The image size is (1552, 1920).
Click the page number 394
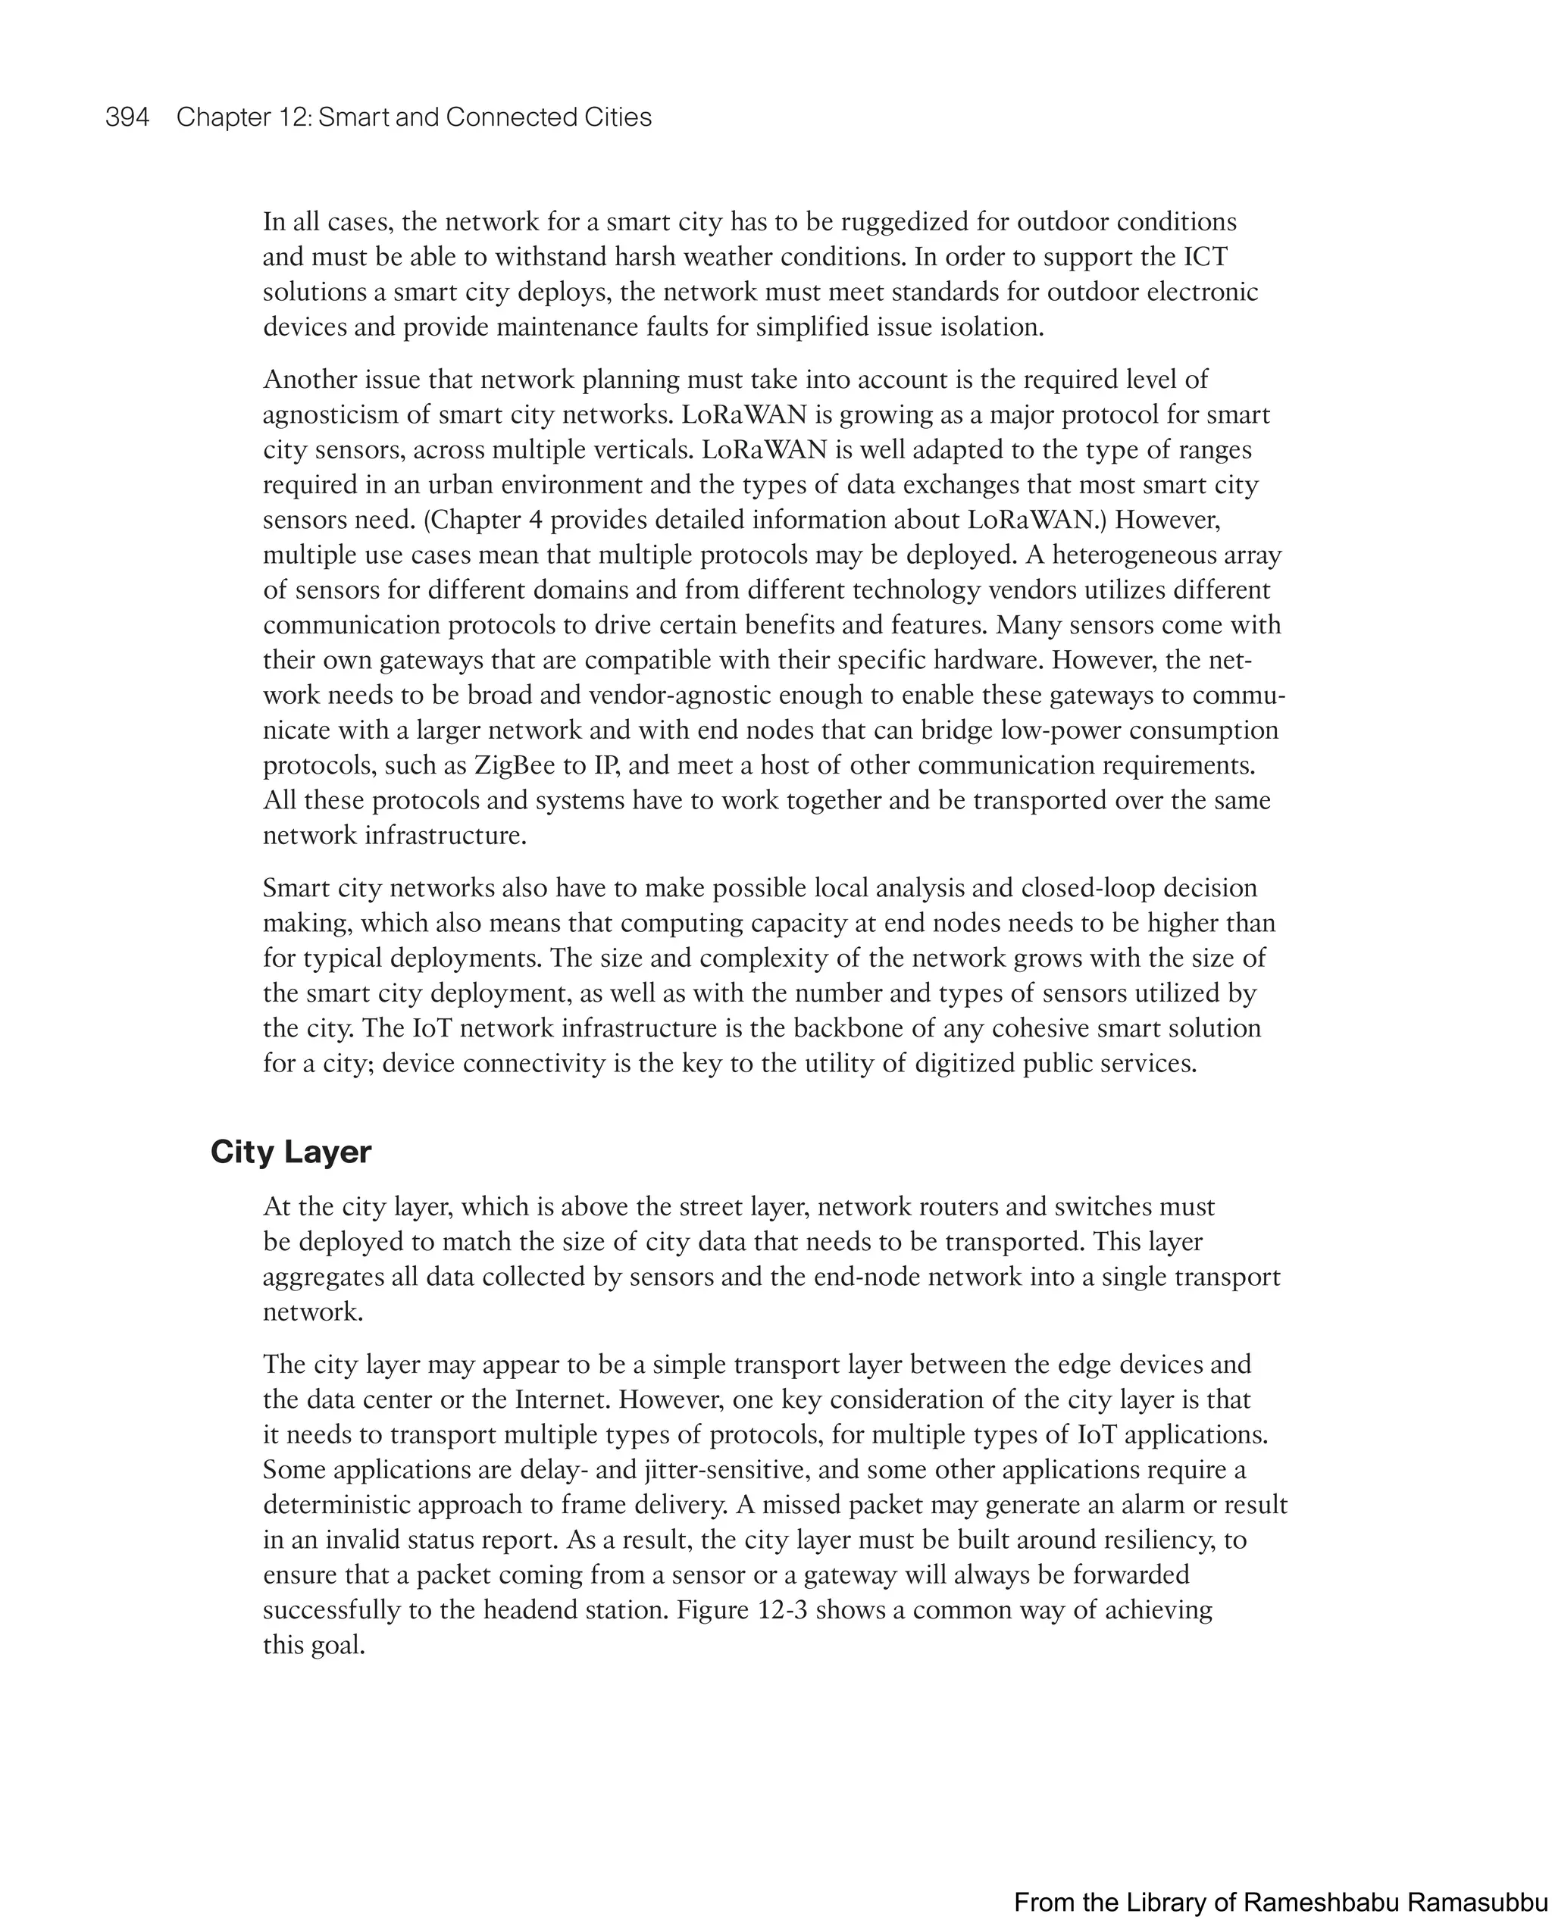[127, 117]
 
